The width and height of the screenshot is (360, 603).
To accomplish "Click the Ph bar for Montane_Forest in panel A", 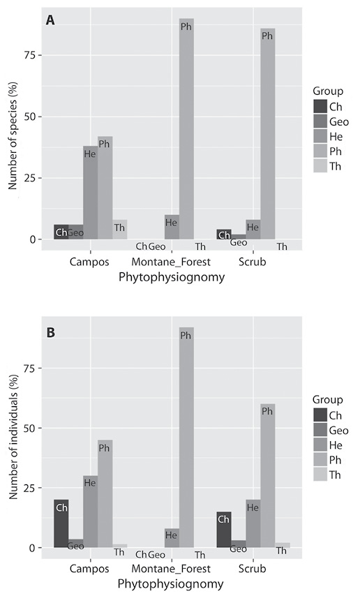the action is click(x=186, y=129).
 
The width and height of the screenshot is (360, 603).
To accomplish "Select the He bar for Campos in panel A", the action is click(x=91, y=193).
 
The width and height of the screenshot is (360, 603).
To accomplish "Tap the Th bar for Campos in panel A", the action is click(x=119, y=230).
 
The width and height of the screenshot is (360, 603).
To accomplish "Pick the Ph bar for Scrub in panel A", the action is click(x=267, y=134).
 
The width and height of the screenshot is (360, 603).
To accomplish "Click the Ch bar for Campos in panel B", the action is click(x=61, y=523).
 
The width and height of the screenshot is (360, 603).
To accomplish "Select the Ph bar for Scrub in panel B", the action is click(x=267, y=476).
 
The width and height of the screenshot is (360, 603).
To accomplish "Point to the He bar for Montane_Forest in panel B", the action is click(x=172, y=537).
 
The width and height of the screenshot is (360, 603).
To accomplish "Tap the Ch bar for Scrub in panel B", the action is click(x=224, y=530).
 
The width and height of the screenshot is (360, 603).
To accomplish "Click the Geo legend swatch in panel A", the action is click(x=320, y=122).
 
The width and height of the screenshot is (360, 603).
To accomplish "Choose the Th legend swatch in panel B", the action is click(x=320, y=475).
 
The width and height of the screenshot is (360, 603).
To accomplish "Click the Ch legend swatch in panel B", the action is click(x=320, y=415).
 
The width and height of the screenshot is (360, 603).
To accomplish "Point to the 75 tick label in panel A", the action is click(x=31, y=55).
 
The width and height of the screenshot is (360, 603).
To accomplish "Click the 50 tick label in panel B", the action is click(x=31, y=428).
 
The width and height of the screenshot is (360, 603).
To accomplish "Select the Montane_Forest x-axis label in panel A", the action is click(x=171, y=262).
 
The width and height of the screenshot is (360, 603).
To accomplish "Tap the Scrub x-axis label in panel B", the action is click(x=253, y=569).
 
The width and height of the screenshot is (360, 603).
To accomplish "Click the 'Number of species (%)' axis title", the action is click(x=13, y=136).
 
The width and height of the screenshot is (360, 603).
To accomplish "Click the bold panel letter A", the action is click(x=50, y=20).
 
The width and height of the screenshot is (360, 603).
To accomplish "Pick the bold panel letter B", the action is click(x=50, y=333).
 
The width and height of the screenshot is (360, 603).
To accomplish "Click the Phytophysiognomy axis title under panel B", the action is click(x=170, y=585).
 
